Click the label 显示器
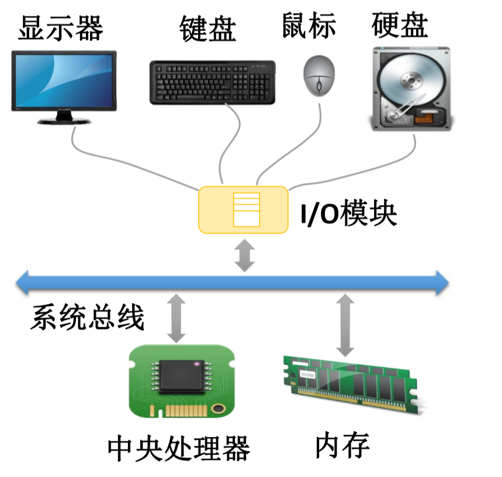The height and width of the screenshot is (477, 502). [x=61, y=28]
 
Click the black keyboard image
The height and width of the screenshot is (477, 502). [x=212, y=83]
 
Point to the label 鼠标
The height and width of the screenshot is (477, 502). [x=309, y=26]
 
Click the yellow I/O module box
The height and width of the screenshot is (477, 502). [x=244, y=209]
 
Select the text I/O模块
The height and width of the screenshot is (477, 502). [x=348, y=214]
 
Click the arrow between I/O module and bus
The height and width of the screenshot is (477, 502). [x=245, y=255]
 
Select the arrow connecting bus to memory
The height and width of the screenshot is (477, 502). [x=345, y=325]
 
